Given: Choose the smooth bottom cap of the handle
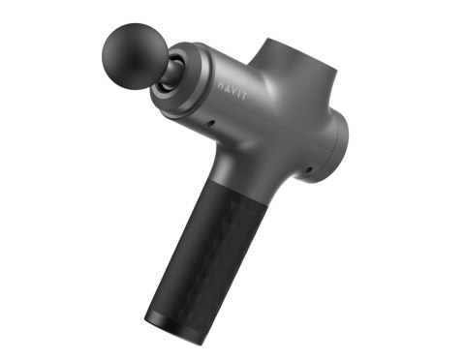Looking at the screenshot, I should (x=165, y=319).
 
